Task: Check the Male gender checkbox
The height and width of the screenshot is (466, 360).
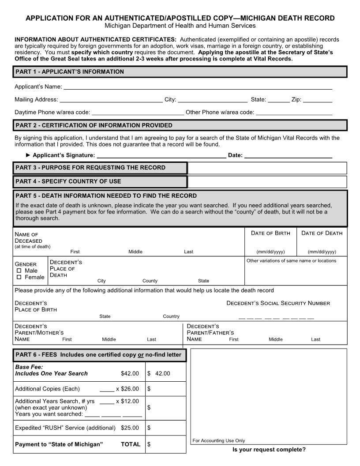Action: coord(19,271)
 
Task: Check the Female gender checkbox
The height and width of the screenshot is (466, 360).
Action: coord(19,277)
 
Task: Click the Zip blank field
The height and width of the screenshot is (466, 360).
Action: coord(317,100)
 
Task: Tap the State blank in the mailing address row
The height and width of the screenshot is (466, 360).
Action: coord(278,100)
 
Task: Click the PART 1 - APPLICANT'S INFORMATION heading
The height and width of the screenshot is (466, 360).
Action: coord(70,71)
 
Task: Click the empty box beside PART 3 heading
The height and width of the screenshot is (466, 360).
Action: coord(267,168)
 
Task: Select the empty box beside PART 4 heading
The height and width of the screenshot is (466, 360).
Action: coord(267,181)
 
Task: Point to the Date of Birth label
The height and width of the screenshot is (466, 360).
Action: coord(270,233)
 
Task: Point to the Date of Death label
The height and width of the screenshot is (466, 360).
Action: coord(322,233)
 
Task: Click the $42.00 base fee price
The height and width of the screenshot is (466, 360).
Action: coord(130,373)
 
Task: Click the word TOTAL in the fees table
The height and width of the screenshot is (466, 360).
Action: coord(131,444)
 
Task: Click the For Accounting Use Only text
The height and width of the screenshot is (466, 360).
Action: coord(218,440)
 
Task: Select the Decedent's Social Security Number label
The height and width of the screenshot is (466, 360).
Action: coord(278,303)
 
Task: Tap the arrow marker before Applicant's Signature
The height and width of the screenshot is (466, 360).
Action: coord(29,155)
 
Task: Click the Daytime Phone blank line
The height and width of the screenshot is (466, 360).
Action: coord(138,113)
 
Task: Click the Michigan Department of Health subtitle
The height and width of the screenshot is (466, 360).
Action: coord(180,26)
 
